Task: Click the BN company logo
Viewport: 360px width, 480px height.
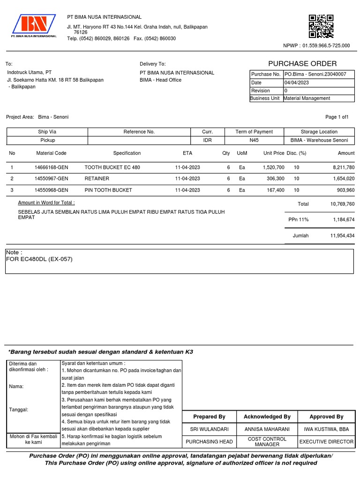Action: [34, 26]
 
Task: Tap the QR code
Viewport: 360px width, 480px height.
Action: [321, 26]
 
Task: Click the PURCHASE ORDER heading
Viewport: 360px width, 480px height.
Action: [302, 64]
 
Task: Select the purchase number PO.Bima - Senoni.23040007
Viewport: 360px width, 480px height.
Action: [315, 74]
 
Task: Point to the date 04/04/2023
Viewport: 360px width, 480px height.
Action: [297, 82]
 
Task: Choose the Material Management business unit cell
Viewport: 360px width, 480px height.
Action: [307, 98]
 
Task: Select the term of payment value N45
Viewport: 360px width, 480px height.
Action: [254, 140]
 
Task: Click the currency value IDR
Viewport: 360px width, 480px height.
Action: [207, 140]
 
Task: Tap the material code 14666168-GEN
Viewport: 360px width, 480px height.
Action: [51, 167]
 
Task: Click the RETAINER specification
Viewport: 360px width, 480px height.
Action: [97, 179]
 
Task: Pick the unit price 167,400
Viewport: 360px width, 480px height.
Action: [274, 190]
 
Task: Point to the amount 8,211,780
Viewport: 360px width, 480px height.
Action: [342, 167]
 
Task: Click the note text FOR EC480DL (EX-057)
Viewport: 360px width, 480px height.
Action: [39, 259]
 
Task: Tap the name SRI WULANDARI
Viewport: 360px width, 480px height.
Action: [209, 429]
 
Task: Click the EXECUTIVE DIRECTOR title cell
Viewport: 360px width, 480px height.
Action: [326, 442]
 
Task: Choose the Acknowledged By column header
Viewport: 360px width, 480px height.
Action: [267, 416]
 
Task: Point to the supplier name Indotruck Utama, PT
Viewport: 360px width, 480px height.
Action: [29, 72]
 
